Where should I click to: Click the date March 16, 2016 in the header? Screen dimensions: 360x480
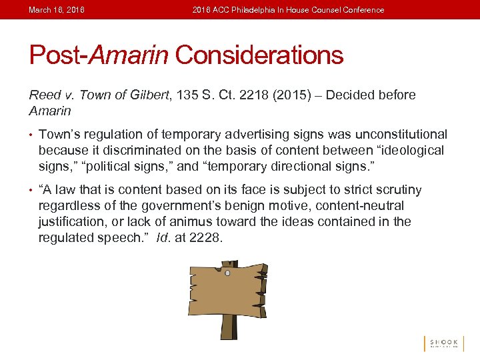tap(57, 10)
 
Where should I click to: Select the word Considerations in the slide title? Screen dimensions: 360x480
tap(259, 55)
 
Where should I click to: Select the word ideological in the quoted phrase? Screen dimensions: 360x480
tap(413, 150)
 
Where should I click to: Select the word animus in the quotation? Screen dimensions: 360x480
tap(179, 221)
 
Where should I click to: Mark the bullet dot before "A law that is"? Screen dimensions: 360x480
tap(31, 191)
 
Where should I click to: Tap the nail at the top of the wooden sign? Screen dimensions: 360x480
tap(227, 273)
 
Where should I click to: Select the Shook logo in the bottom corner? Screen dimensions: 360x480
tap(442, 343)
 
